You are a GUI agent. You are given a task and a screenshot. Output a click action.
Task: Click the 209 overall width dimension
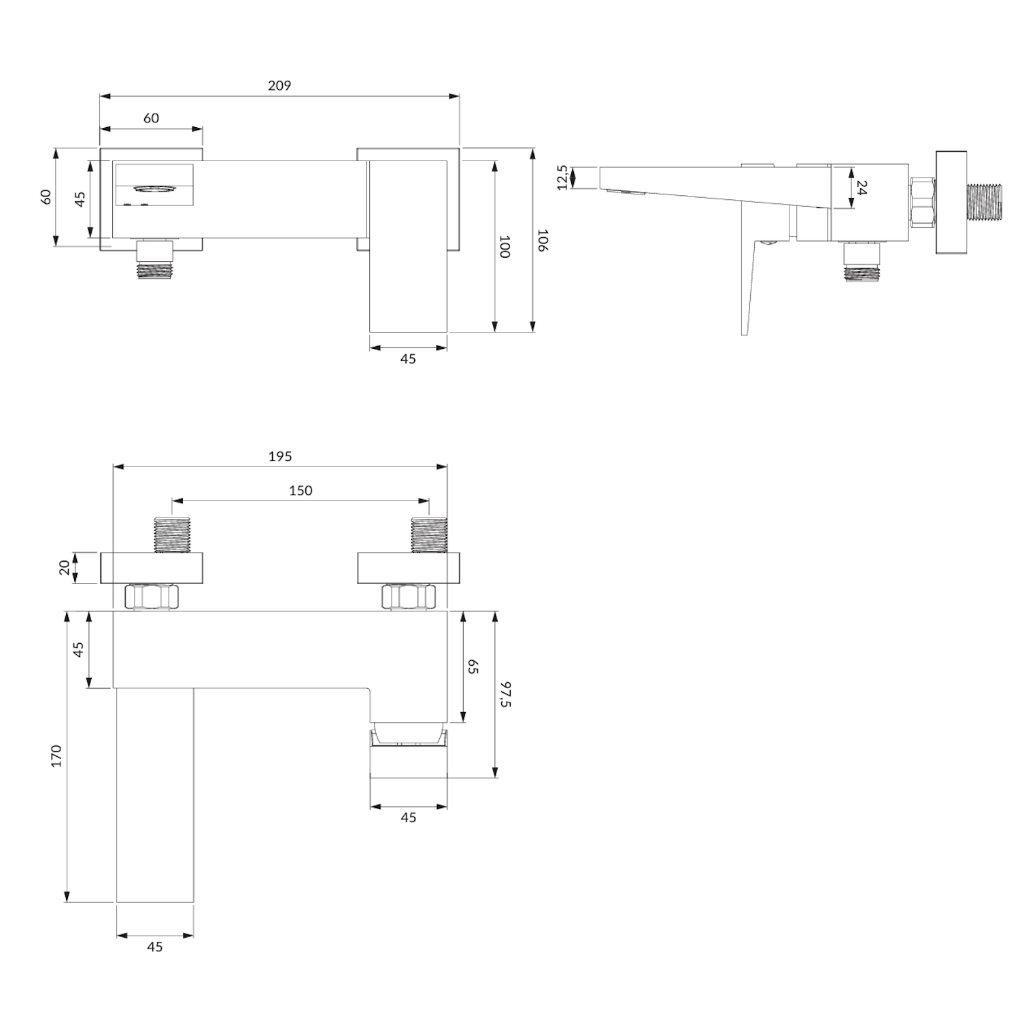click(x=279, y=86)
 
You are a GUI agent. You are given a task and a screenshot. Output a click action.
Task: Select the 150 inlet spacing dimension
click(x=301, y=490)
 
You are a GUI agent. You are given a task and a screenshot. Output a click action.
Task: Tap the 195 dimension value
click(x=279, y=456)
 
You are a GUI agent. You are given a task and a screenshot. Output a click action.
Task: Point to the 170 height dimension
click(x=56, y=756)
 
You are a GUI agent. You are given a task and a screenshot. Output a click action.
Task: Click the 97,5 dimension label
click(x=505, y=694)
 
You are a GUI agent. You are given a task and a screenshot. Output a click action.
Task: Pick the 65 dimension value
click(x=473, y=666)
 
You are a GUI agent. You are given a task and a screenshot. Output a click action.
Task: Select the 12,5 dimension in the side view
click(x=562, y=177)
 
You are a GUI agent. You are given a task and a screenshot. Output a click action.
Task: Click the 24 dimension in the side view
click(x=862, y=187)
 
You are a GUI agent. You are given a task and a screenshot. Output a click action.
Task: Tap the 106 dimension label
click(x=542, y=240)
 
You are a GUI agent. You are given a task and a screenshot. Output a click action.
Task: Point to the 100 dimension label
click(x=505, y=246)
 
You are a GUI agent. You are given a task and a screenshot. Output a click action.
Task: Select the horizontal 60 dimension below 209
click(x=151, y=118)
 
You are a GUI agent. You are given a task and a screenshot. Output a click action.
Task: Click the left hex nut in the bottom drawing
click(x=153, y=597)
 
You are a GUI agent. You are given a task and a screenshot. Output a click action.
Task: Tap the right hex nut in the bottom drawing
click(x=409, y=597)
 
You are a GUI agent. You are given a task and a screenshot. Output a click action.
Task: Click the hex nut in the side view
click(x=922, y=202)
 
